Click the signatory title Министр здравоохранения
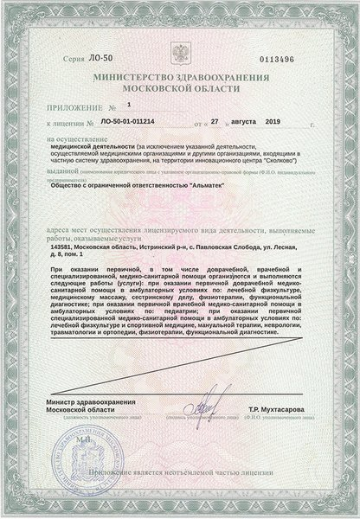coord(85,427)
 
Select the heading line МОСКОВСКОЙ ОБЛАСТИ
coord(179,88)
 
